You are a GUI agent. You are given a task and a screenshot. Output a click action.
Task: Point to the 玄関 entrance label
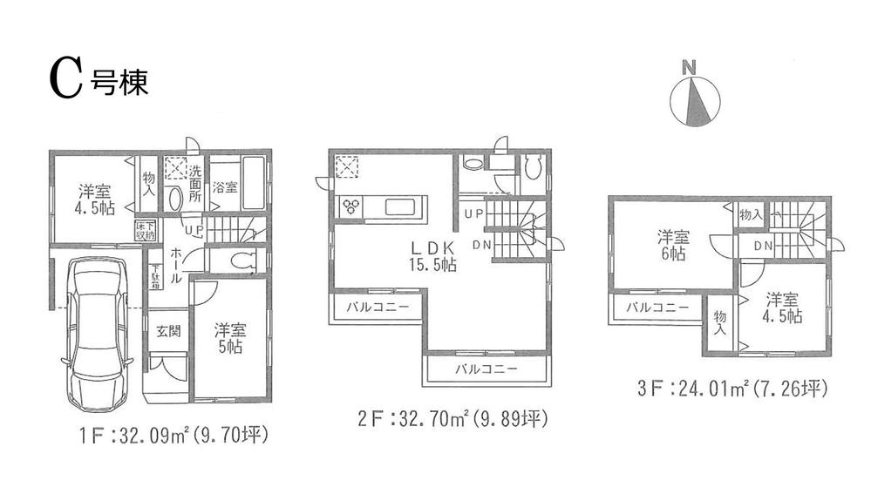(x=168, y=332)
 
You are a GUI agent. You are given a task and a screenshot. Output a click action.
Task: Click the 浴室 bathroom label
(x=225, y=187)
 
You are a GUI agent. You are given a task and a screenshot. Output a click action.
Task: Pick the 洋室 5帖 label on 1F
(x=229, y=338)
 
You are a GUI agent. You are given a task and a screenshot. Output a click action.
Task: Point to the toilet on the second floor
(x=534, y=166)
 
